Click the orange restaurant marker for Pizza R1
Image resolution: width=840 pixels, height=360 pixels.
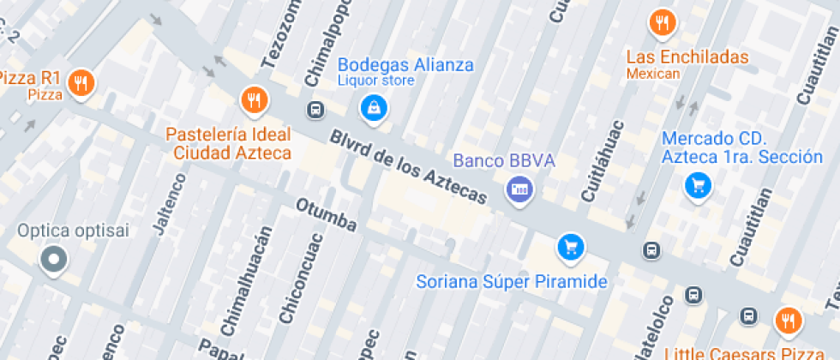pos(81,83)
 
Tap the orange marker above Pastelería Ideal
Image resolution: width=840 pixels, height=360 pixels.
pos(254,100)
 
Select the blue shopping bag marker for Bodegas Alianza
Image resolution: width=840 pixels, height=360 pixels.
pos(374,107)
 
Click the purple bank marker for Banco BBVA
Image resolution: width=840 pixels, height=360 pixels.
pos(519,188)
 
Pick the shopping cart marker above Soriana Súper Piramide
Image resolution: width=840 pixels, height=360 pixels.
pos(570,247)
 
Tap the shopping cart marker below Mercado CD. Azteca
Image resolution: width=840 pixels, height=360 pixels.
pos(698,184)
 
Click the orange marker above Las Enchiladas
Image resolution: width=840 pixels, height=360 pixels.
pos(662,23)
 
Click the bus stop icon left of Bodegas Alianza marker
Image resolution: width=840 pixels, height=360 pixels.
pos(316,110)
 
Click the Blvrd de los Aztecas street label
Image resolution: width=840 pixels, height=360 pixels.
pos(408,168)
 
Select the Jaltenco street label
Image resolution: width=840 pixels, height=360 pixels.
pos(169,203)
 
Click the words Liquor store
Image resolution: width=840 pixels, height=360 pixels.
pos(375,81)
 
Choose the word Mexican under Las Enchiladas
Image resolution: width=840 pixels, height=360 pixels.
pos(652,74)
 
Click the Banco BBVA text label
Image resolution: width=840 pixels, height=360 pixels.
pos(504,160)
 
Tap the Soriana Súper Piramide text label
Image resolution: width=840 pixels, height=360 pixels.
pos(512,281)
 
